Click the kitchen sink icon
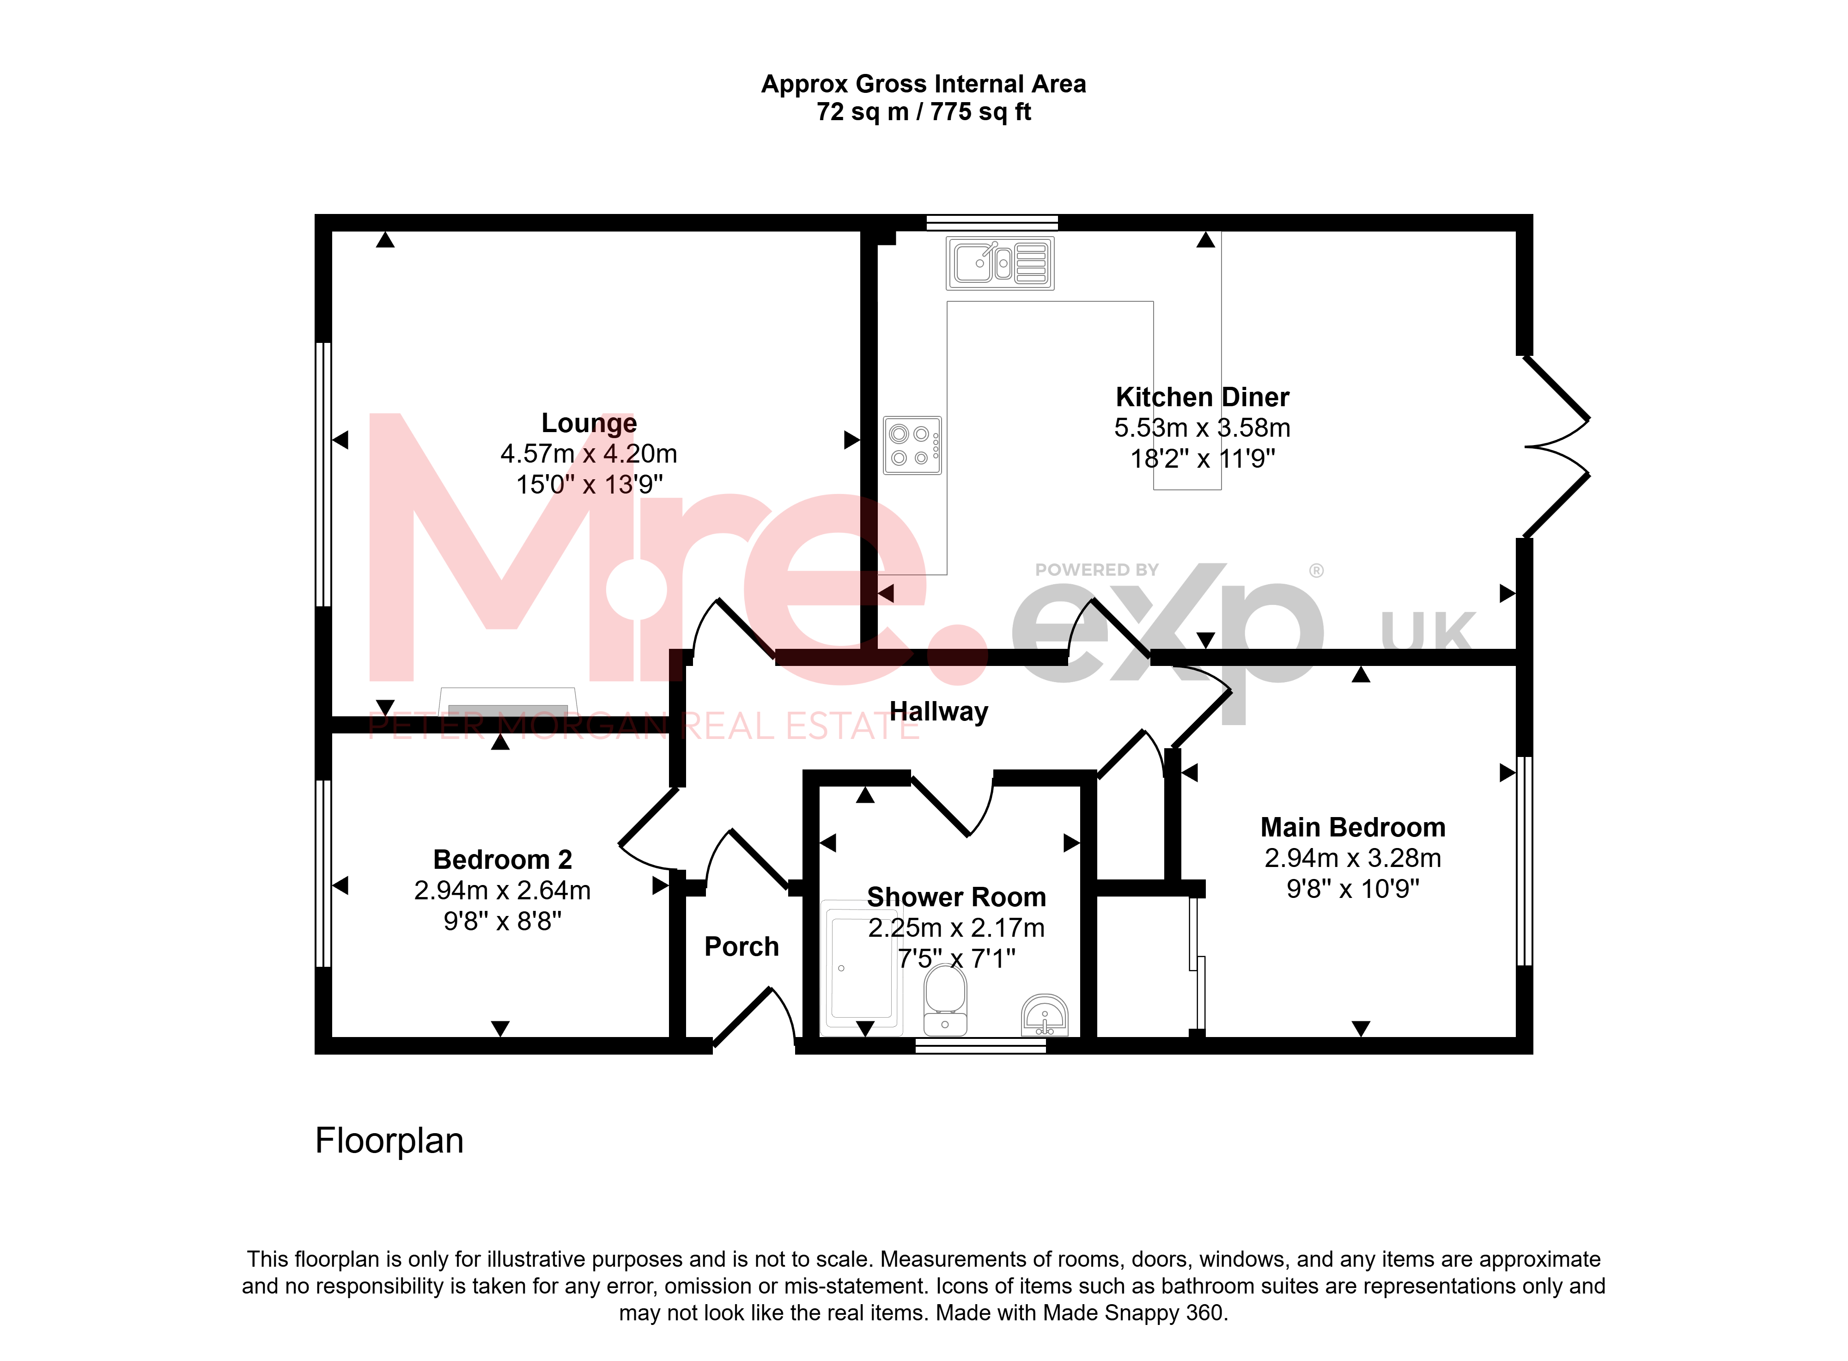tap(1000, 263)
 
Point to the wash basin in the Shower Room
tap(1044, 1015)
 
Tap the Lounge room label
tap(589, 423)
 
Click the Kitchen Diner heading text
tap(1202, 397)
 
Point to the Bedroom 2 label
tap(502, 859)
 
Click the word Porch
tap(741, 946)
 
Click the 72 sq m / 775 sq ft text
tap(924, 112)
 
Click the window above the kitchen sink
tap(992, 222)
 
